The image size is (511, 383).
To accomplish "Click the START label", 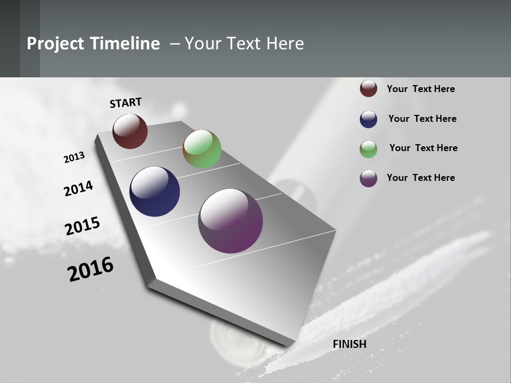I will (126, 103).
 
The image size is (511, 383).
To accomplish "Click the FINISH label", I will (350, 344).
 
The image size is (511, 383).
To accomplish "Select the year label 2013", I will (74, 157).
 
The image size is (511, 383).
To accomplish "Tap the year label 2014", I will (78, 188).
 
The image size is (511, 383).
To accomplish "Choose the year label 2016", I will (90, 269).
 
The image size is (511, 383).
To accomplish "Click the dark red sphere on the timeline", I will (130, 131).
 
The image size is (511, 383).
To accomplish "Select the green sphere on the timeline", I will (202, 149).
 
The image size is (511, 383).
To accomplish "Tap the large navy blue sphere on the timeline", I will (154, 191).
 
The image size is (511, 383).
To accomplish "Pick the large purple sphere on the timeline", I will (230, 221).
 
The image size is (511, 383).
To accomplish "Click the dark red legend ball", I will (368, 88).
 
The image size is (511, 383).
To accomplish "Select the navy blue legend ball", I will (368, 119).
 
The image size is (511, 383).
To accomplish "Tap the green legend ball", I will (368, 149).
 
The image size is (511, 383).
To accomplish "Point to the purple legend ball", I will (368, 178).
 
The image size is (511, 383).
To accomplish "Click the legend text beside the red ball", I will (421, 89).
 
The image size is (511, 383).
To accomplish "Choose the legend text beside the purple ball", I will (421, 178).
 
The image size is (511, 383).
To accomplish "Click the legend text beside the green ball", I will (423, 148).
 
